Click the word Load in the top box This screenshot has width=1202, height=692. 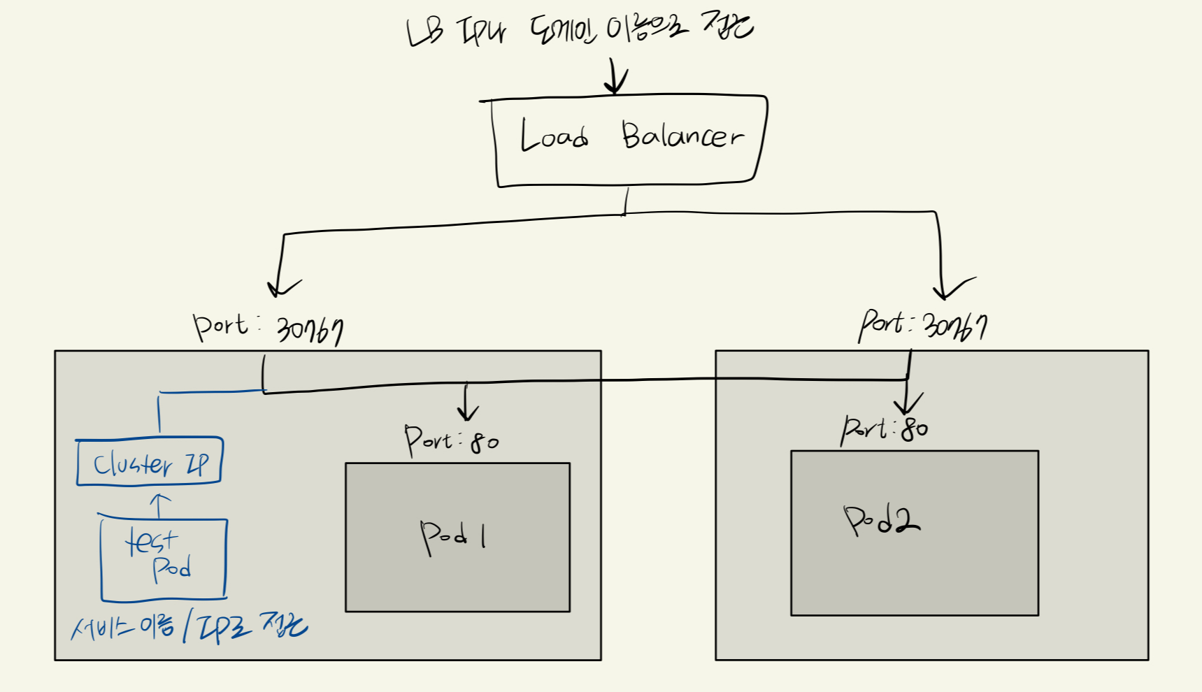tap(553, 136)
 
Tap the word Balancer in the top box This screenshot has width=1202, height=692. tap(682, 135)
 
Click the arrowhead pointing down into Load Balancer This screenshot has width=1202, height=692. tap(615, 85)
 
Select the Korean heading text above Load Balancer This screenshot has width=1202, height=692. tap(580, 30)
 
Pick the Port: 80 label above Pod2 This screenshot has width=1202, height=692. tap(885, 428)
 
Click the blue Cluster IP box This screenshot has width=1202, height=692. tap(149, 461)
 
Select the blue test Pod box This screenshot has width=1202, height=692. tap(164, 558)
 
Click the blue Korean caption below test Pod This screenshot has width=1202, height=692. tap(189, 627)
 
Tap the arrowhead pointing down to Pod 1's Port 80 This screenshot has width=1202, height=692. tap(467, 411)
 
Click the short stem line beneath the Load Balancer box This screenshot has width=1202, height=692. tap(626, 201)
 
